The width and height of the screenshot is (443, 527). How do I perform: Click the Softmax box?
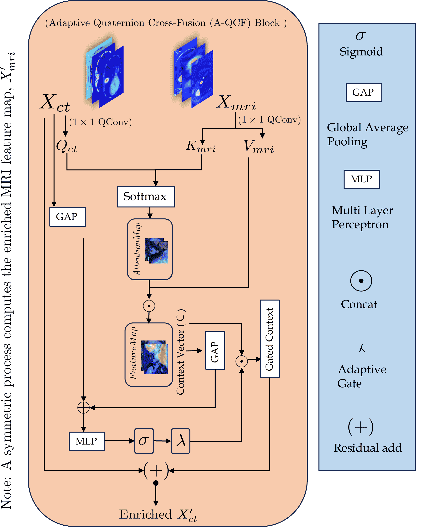click(146, 196)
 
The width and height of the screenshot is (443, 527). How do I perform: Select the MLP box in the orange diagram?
click(87, 441)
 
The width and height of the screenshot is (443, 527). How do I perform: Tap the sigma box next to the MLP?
click(144, 441)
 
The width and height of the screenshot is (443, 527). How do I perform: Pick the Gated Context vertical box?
click(269, 339)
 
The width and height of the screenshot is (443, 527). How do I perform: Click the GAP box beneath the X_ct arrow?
click(67, 217)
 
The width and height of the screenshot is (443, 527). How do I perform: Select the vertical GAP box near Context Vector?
click(215, 350)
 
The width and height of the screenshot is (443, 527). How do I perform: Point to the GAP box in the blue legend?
click(364, 92)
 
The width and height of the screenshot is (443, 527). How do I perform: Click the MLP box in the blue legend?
click(362, 179)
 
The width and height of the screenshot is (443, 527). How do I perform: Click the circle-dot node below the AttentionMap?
click(149, 306)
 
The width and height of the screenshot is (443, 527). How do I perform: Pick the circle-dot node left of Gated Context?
click(242, 361)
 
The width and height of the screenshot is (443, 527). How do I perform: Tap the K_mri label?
click(200, 146)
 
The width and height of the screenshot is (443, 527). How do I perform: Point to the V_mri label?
click(259, 147)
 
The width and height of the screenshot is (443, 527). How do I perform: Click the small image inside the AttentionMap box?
click(156, 251)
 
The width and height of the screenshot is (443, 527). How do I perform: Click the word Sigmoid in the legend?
click(361, 52)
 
